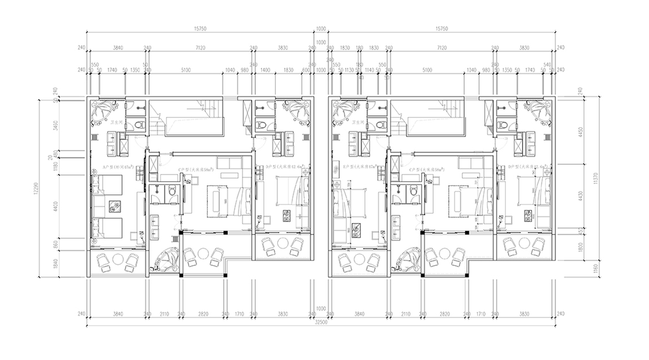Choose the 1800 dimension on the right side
580,245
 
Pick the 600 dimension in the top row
306,70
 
